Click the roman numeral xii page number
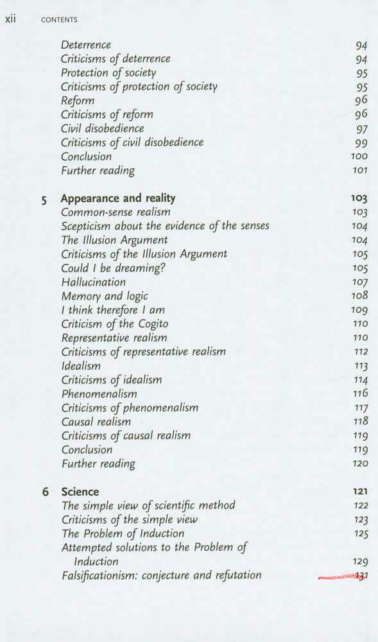[10, 19]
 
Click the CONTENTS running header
[59, 20]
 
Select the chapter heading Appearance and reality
[118, 198]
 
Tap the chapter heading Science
[80, 492]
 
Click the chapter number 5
[44, 200]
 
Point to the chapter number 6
[46, 492]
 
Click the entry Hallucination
[94, 282]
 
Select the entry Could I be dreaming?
[114, 268]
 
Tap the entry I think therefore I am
[113, 309]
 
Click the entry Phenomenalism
[99, 394]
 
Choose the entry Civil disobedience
[103, 128]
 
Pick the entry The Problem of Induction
[123, 534]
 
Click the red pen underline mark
[339, 577]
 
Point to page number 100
[359, 156]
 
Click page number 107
[360, 282]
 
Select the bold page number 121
[360, 492]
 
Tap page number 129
[360, 562]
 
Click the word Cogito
[148, 324]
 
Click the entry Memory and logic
[105, 296]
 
